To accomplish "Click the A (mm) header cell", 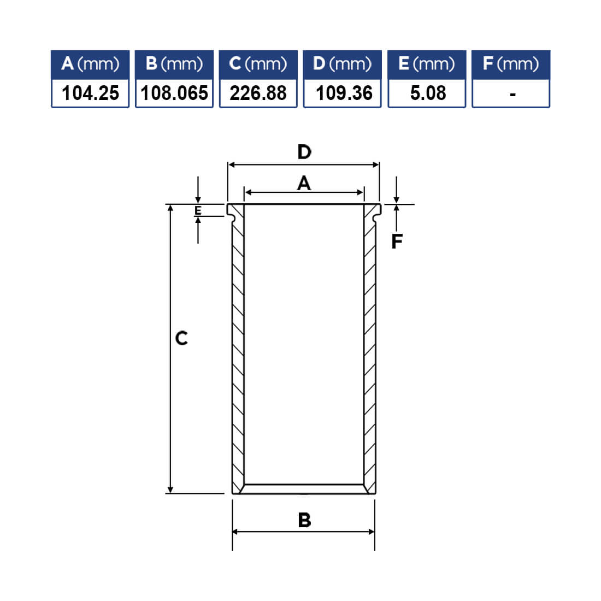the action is point(90,64).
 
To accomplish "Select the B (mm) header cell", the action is point(174,64).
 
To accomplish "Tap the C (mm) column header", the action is point(258,64).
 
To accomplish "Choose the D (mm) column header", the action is point(342,64).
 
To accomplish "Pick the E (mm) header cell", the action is point(427,64).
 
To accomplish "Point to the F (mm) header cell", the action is point(510,64).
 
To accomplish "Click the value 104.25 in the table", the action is point(91,93).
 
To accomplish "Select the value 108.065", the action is point(174,93).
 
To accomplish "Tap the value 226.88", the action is point(258,93).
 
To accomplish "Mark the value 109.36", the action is point(344,93).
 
